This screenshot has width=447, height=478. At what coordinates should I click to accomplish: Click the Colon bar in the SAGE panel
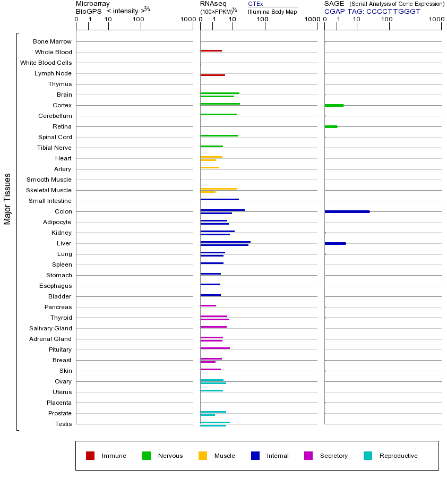coord(347,211)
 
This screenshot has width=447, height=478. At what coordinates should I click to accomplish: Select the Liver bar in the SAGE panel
coord(335,243)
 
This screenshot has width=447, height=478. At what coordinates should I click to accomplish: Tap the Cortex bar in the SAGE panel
coord(334,105)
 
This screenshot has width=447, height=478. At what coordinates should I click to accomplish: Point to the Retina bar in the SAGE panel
coord(331,126)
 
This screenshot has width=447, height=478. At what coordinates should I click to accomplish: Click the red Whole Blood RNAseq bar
coord(211,50)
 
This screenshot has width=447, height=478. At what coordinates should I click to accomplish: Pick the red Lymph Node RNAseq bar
coord(212,75)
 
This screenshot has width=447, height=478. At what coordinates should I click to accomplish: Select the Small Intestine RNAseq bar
coord(219,199)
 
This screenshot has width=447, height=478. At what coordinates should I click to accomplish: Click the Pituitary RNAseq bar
coord(215,348)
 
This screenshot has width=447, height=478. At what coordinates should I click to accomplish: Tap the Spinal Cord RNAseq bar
coord(219,135)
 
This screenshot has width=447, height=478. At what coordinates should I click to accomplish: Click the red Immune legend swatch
coord(90,456)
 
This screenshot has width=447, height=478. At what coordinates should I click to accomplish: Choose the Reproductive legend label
coord(398,456)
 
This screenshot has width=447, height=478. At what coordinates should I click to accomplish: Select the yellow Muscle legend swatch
coord(203,456)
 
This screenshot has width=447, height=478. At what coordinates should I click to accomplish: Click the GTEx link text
coord(255,4)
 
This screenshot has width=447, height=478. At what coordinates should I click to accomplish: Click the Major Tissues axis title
coord(7,199)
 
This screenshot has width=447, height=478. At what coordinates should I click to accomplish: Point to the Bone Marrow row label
coord(52,41)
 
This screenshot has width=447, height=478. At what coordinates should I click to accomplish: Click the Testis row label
coord(63,424)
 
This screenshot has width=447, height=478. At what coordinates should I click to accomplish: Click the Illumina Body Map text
coord(272,12)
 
